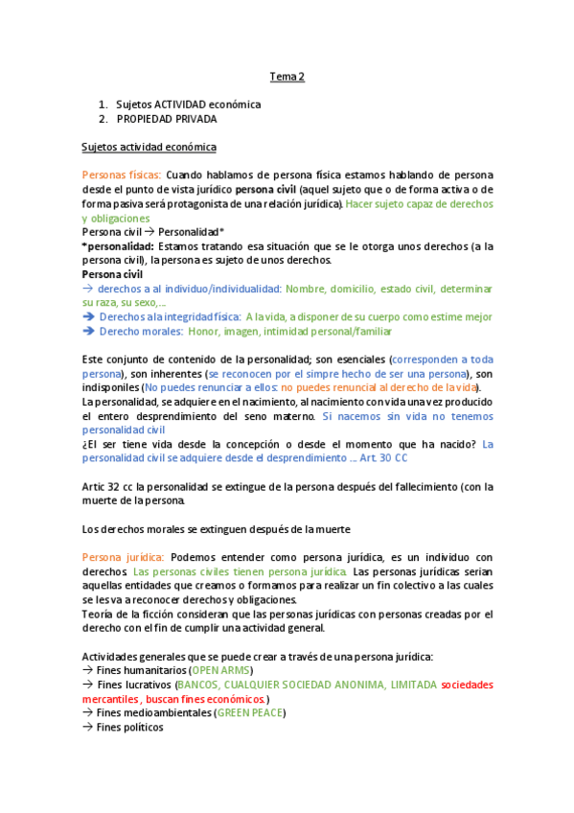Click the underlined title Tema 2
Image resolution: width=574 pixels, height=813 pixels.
(x=287, y=77)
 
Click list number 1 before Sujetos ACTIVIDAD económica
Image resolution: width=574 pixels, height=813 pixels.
(x=103, y=105)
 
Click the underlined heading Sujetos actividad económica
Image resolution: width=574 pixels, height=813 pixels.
(x=149, y=147)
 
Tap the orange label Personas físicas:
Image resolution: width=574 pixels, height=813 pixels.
(x=122, y=175)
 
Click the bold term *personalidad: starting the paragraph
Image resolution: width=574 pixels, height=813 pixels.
(x=114, y=246)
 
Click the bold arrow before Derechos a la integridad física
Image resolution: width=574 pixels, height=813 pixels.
(x=88, y=316)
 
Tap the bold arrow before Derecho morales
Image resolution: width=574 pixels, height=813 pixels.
(x=88, y=331)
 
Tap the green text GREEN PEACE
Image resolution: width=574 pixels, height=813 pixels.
(x=249, y=712)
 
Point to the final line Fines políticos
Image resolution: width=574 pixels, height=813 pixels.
(x=130, y=727)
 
